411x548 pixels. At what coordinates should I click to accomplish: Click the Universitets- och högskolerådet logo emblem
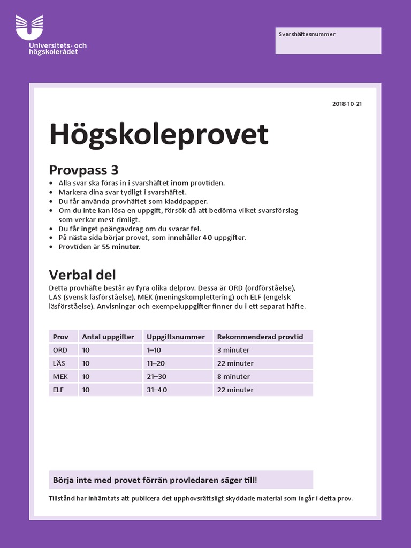coord(29,27)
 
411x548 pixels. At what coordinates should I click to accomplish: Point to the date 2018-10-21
coord(347,104)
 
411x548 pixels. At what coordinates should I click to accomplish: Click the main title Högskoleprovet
coord(158,134)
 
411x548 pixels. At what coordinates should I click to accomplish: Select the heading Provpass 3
coord(83,170)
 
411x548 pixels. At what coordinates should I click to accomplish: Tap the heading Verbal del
coord(82,275)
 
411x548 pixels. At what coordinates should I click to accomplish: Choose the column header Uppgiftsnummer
coord(176,337)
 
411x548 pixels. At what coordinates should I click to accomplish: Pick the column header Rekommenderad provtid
coord(260,337)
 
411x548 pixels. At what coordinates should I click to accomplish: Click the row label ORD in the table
coord(60,350)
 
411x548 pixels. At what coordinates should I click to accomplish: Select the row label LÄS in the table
coord(59,363)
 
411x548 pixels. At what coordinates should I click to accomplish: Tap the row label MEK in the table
coord(60,376)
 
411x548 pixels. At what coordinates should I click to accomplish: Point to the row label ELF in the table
coord(58,390)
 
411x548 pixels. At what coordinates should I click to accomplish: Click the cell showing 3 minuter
coord(233,350)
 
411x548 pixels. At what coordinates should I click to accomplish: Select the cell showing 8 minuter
coord(233,376)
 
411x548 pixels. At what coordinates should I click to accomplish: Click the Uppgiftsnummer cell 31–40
coord(157,390)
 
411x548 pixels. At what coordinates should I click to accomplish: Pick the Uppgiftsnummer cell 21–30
coord(157,376)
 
